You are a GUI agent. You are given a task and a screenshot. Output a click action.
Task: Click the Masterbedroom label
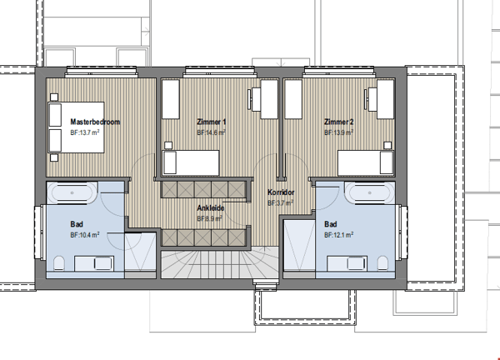(x=95, y=122)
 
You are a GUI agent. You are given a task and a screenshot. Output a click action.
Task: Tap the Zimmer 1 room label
(x=212, y=122)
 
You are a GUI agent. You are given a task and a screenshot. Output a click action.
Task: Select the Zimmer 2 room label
(x=338, y=122)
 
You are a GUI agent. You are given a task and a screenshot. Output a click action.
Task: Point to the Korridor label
(x=281, y=192)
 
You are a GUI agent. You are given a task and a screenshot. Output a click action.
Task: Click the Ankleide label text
(x=211, y=207)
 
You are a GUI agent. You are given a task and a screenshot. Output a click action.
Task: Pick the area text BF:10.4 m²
(x=84, y=235)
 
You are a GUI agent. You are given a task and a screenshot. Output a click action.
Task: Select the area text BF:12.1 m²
(x=338, y=235)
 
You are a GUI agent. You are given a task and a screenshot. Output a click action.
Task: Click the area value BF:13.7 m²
(x=84, y=132)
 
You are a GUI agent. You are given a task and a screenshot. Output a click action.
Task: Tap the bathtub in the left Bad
(x=72, y=192)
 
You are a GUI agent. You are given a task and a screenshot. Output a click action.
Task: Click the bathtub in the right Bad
(x=369, y=192)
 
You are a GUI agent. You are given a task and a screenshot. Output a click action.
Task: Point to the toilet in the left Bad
(x=59, y=263)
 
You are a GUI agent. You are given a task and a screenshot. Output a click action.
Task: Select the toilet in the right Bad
(x=382, y=263)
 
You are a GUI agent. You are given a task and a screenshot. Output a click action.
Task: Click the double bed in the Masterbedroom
(x=76, y=127)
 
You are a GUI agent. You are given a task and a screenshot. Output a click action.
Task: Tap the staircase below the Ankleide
(x=220, y=265)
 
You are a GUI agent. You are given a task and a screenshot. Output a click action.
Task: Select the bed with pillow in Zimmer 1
(x=191, y=162)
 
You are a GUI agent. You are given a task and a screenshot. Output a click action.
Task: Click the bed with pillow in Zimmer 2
(x=366, y=162)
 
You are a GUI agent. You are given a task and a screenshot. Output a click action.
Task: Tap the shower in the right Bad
(x=299, y=246)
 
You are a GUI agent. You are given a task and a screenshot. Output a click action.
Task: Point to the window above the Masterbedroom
(x=102, y=72)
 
